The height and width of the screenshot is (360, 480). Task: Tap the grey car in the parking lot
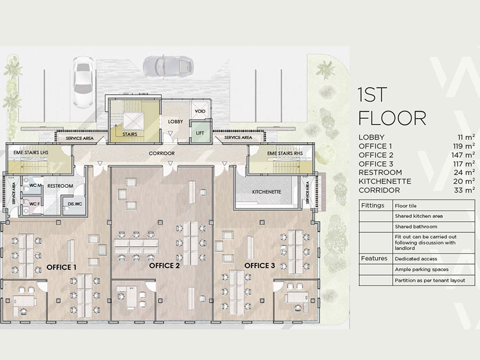(163, 66)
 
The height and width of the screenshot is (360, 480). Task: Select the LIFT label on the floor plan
(200, 133)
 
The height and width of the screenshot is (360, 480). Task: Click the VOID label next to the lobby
(201, 112)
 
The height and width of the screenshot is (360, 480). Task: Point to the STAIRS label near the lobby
(132, 133)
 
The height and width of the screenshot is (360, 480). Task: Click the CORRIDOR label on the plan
(161, 153)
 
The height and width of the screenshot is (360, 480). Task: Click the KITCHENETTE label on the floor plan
(267, 191)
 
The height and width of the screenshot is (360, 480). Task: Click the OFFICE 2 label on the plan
(164, 266)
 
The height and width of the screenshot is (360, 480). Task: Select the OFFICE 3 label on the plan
(260, 266)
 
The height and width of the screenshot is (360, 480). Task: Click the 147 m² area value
(463, 155)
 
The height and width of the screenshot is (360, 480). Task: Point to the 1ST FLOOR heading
(392, 105)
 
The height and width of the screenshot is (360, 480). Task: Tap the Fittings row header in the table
(373, 205)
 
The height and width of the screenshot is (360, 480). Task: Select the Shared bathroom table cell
(415, 227)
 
